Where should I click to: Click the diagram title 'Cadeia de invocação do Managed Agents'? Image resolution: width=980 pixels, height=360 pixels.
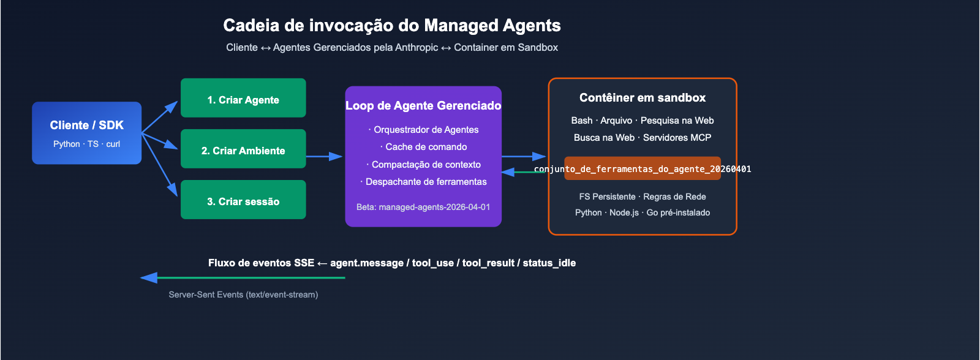[x=392, y=25]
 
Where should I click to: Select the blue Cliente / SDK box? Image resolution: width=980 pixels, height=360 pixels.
[x=86, y=132]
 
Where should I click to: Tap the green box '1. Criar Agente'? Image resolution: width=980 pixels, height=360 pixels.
[x=243, y=98]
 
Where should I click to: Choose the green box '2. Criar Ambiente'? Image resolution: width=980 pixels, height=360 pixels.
[x=243, y=149]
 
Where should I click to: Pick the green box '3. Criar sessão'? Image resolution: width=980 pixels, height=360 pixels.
[x=243, y=200]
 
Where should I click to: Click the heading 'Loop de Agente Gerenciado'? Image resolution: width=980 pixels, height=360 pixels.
[x=423, y=106]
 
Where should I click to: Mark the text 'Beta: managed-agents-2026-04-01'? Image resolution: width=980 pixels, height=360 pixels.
[x=423, y=207]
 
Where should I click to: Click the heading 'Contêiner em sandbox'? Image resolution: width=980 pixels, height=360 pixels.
[x=643, y=98]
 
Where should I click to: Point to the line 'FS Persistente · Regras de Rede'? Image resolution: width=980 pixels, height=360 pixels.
[x=643, y=197]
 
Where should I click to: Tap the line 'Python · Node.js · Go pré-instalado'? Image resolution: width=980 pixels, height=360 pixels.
[x=643, y=212]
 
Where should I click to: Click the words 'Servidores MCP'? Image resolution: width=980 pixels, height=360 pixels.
[x=677, y=138]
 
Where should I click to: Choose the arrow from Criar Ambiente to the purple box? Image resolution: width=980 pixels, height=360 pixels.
[x=324, y=157]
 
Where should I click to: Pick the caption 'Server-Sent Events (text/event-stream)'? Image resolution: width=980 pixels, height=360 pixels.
[x=243, y=294]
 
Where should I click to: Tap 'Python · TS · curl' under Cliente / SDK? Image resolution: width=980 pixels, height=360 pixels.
[x=86, y=144]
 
